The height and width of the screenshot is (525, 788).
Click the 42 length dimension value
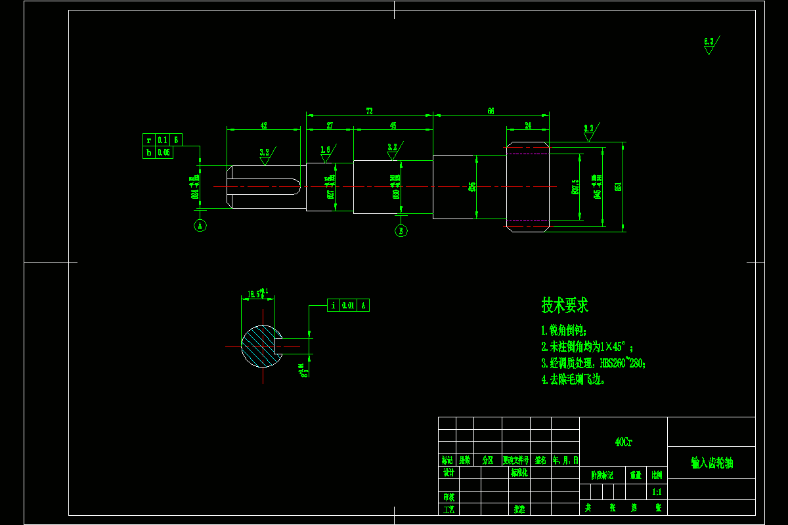point(263,125)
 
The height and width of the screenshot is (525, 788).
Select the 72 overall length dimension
point(369,111)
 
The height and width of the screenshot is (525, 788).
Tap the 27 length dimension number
point(330,125)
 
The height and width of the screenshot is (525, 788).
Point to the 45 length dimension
point(393,125)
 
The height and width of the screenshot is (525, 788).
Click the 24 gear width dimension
point(527,125)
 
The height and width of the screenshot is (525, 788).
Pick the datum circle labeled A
point(201,226)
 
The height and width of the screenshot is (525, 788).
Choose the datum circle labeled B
point(401,230)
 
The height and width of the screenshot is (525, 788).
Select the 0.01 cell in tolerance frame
point(348,305)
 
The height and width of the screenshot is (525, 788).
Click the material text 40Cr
point(623,442)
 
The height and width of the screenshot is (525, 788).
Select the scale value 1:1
point(657,492)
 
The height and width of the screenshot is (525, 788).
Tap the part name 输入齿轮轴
point(712,463)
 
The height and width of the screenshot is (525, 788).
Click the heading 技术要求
point(565,304)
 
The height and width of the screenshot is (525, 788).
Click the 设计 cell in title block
point(449,472)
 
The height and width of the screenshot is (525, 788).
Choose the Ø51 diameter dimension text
point(618,187)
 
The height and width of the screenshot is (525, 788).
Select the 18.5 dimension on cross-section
point(253,293)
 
